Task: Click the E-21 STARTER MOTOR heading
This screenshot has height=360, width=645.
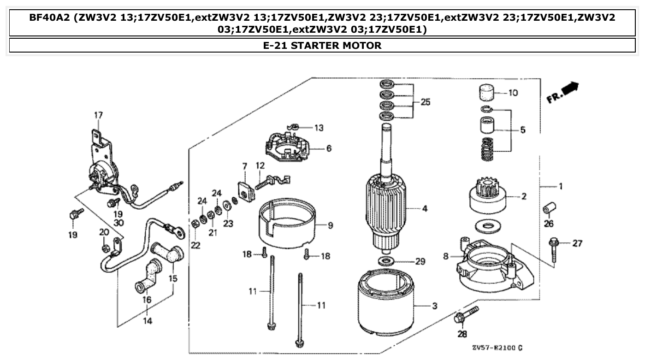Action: pyautogui.click(x=322, y=46)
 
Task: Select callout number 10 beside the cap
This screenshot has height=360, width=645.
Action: pyautogui.click(x=513, y=93)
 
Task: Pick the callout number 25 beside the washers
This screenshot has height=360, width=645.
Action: pyautogui.click(x=425, y=102)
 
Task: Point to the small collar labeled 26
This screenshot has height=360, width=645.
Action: pyautogui.click(x=549, y=208)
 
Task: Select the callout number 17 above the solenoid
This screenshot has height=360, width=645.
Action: pyautogui.click(x=98, y=115)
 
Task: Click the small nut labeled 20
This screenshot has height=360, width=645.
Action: pyautogui.click(x=106, y=249)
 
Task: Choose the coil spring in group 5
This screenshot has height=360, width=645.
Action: pyautogui.click(x=488, y=150)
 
